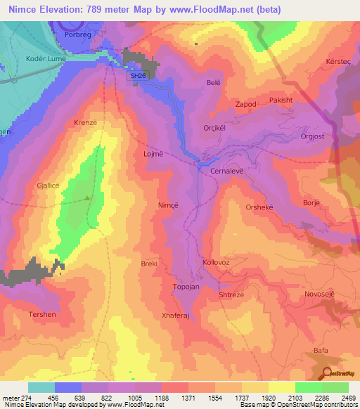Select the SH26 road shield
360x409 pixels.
tap(139, 76)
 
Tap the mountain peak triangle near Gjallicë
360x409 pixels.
tap(87, 197)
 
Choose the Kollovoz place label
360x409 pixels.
tap(216, 262)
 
